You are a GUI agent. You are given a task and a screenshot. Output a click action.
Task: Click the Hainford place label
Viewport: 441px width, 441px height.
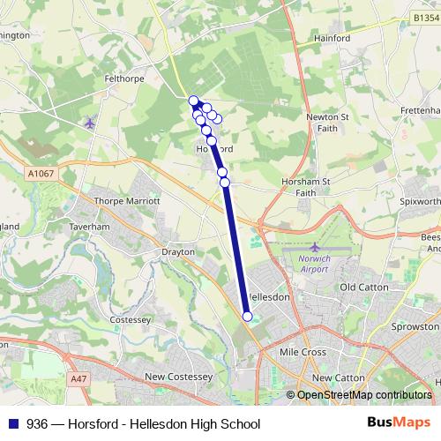pyautogui.click(x=333, y=39)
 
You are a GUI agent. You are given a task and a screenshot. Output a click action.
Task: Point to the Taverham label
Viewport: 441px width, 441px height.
pyautogui.click(x=88, y=226)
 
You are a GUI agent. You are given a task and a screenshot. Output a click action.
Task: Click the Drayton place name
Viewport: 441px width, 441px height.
pyautogui.click(x=177, y=251)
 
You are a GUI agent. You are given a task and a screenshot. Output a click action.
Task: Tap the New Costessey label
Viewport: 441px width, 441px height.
pyautogui.click(x=179, y=377)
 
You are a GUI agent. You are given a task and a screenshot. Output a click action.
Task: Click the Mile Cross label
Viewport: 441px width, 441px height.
pyautogui.click(x=303, y=351)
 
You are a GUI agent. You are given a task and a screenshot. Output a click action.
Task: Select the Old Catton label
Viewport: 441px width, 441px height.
pyautogui.click(x=364, y=288)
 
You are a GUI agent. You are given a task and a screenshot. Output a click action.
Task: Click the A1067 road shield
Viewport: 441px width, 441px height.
pyautogui.click(x=41, y=174)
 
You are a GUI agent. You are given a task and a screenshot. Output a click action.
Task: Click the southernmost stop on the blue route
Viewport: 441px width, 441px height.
pyautogui.click(x=247, y=317)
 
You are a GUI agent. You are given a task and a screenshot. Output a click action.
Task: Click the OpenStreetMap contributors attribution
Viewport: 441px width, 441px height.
pyautogui.click(x=363, y=395)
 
